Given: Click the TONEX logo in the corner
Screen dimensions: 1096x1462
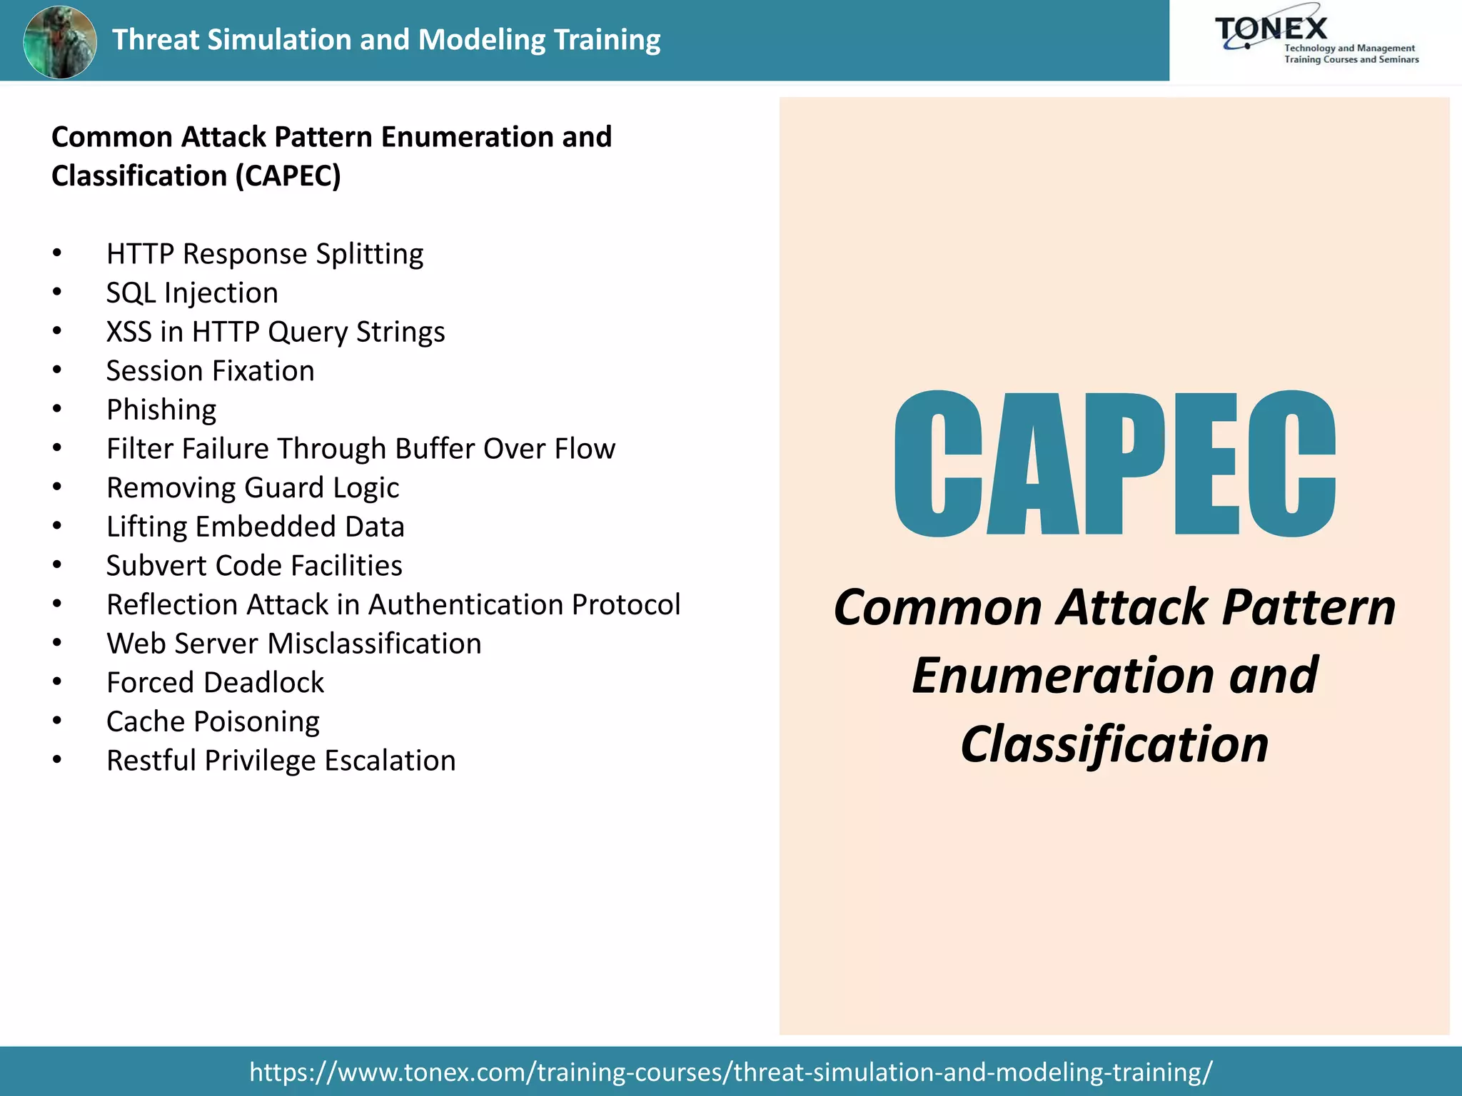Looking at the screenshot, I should [x=1315, y=40].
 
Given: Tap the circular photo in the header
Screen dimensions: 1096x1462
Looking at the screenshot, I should [x=60, y=41].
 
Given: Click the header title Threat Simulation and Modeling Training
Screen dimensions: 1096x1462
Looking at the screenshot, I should [x=386, y=40].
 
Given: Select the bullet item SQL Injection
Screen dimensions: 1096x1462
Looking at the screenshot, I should [x=192, y=293].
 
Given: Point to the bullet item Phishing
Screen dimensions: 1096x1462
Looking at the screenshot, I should [x=161, y=410].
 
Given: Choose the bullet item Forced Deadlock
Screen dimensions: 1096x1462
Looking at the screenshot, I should [x=215, y=683].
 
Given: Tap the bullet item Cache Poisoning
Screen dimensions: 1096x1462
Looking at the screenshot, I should [x=213, y=722].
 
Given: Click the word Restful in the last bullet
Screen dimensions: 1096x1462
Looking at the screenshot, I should [x=151, y=761].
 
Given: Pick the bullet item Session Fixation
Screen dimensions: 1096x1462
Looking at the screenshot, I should [x=210, y=371].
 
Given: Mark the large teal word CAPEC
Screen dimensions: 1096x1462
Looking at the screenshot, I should [x=1114, y=464].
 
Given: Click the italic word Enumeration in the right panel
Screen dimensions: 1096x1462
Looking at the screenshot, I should [x=1062, y=676].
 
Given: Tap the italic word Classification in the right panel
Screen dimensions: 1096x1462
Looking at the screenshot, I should [x=1114, y=744].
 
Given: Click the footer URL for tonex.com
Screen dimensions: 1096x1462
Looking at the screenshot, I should [x=730, y=1072].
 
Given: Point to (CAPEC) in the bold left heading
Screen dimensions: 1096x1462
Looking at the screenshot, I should [x=288, y=176].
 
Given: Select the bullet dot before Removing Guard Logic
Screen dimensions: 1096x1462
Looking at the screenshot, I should [x=57, y=487].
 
